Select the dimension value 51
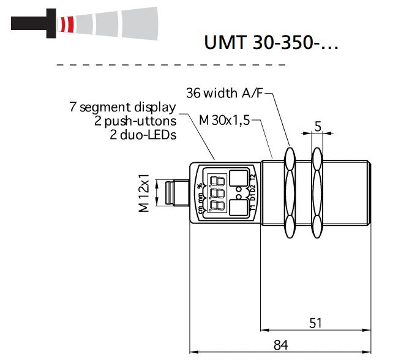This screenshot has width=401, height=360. pos(315,323)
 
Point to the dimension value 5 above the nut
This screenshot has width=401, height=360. pos(317,126)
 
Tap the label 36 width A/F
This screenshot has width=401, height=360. pos(226,93)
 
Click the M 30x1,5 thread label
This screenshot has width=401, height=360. pos(225,121)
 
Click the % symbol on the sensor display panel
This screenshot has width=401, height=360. pos(200,182)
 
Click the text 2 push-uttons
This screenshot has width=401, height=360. pos(135,121)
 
